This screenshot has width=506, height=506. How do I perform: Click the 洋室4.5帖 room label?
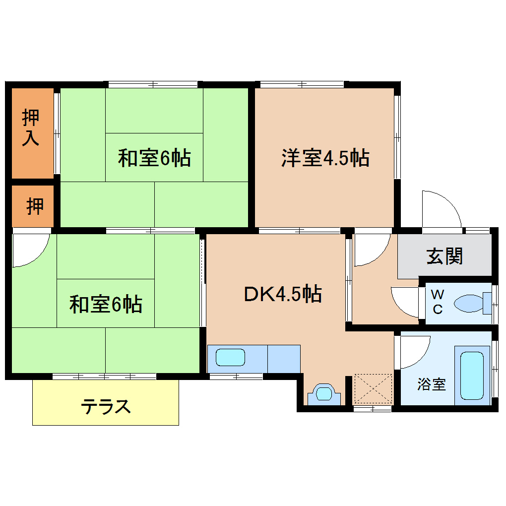(325, 158)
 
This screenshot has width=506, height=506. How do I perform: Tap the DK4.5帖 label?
(283, 294)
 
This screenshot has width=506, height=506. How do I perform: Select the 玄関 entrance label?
(444, 256)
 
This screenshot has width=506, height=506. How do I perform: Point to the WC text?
(437, 302)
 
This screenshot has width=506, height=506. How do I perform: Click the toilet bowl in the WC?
(469, 302)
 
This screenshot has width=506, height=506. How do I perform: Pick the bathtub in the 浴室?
(471, 376)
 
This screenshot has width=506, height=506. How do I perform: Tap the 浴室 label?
(431, 384)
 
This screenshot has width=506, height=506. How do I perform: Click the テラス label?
(106, 407)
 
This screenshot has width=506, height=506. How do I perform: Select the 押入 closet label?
(31, 128)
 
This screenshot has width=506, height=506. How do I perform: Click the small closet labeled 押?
(34, 206)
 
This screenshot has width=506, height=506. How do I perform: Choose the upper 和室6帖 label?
(154, 158)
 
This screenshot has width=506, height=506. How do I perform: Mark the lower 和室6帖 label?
(106, 304)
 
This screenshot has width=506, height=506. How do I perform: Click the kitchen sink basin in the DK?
(230, 357)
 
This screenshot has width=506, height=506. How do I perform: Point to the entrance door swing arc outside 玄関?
(441, 208)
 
